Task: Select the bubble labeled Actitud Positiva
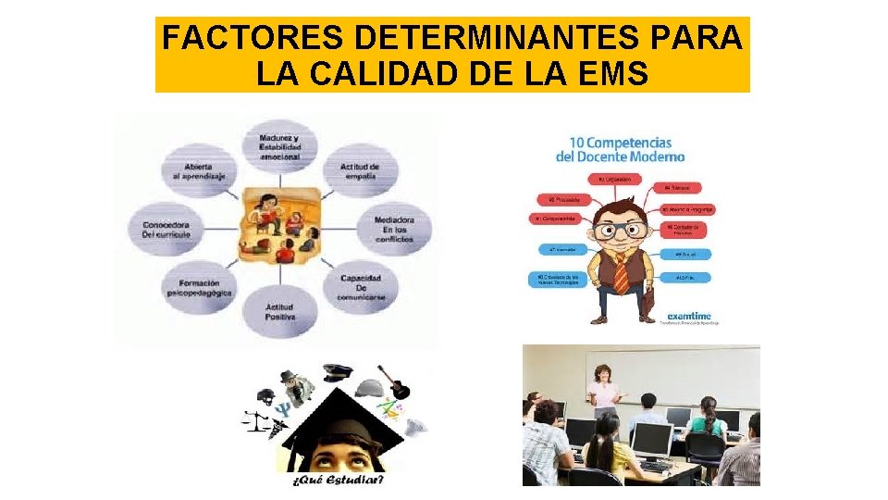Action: [x=279, y=313]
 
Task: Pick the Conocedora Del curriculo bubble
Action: [x=166, y=229]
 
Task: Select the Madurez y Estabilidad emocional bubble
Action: [x=278, y=146]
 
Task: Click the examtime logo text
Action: [x=688, y=315]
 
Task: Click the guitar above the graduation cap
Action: [x=398, y=382]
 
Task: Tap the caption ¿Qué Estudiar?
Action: [x=338, y=480]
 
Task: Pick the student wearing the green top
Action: [x=707, y=421]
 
